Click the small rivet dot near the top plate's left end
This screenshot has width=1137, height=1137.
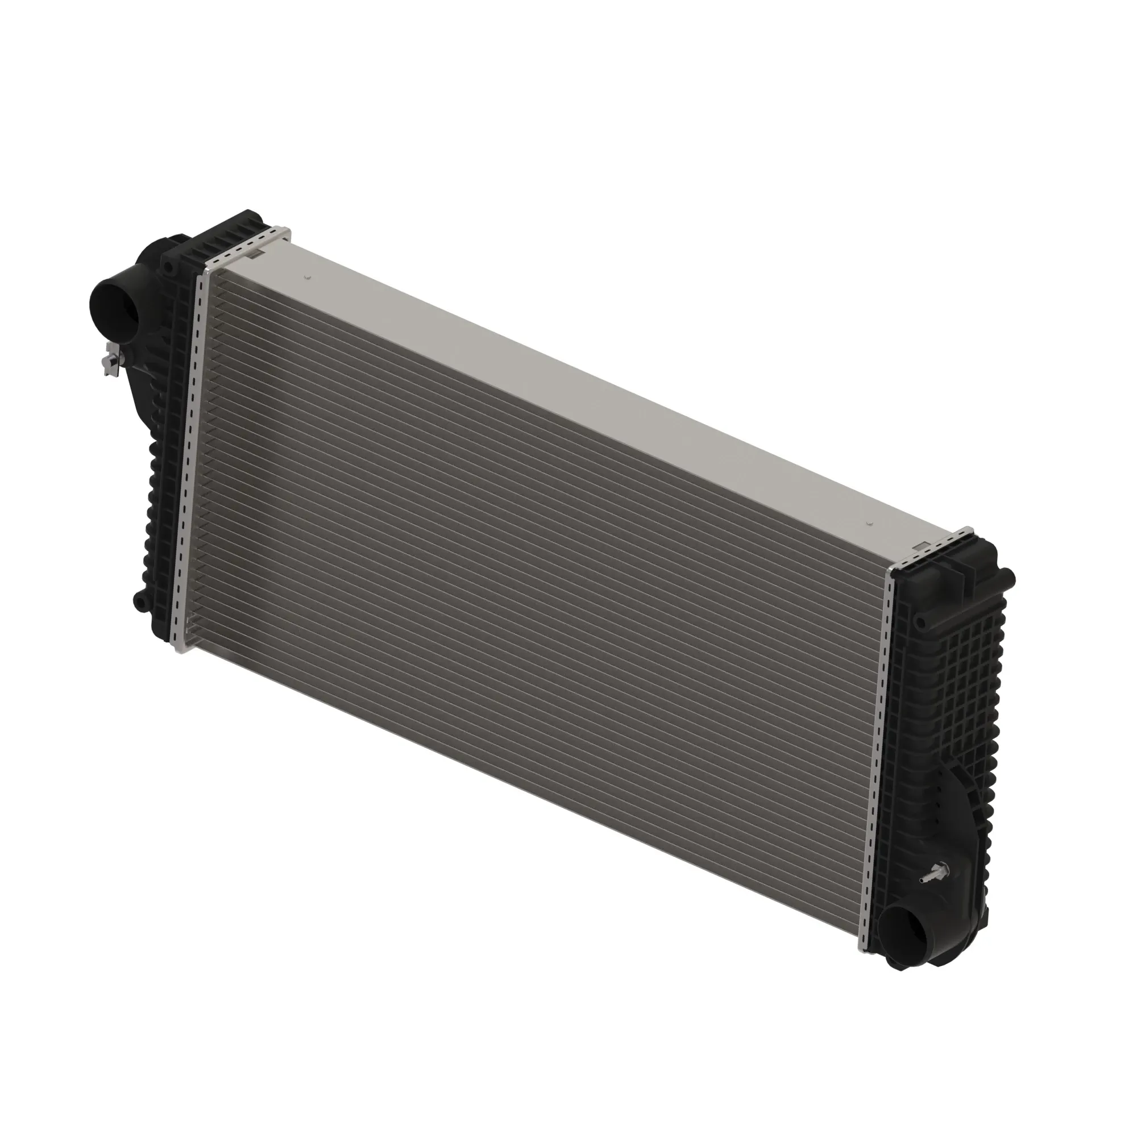pos(306,277)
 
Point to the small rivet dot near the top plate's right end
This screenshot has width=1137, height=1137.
pos(868,523)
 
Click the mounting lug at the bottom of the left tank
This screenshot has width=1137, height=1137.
pos(140,601)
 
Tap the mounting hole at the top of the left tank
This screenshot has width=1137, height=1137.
pos(169,267)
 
